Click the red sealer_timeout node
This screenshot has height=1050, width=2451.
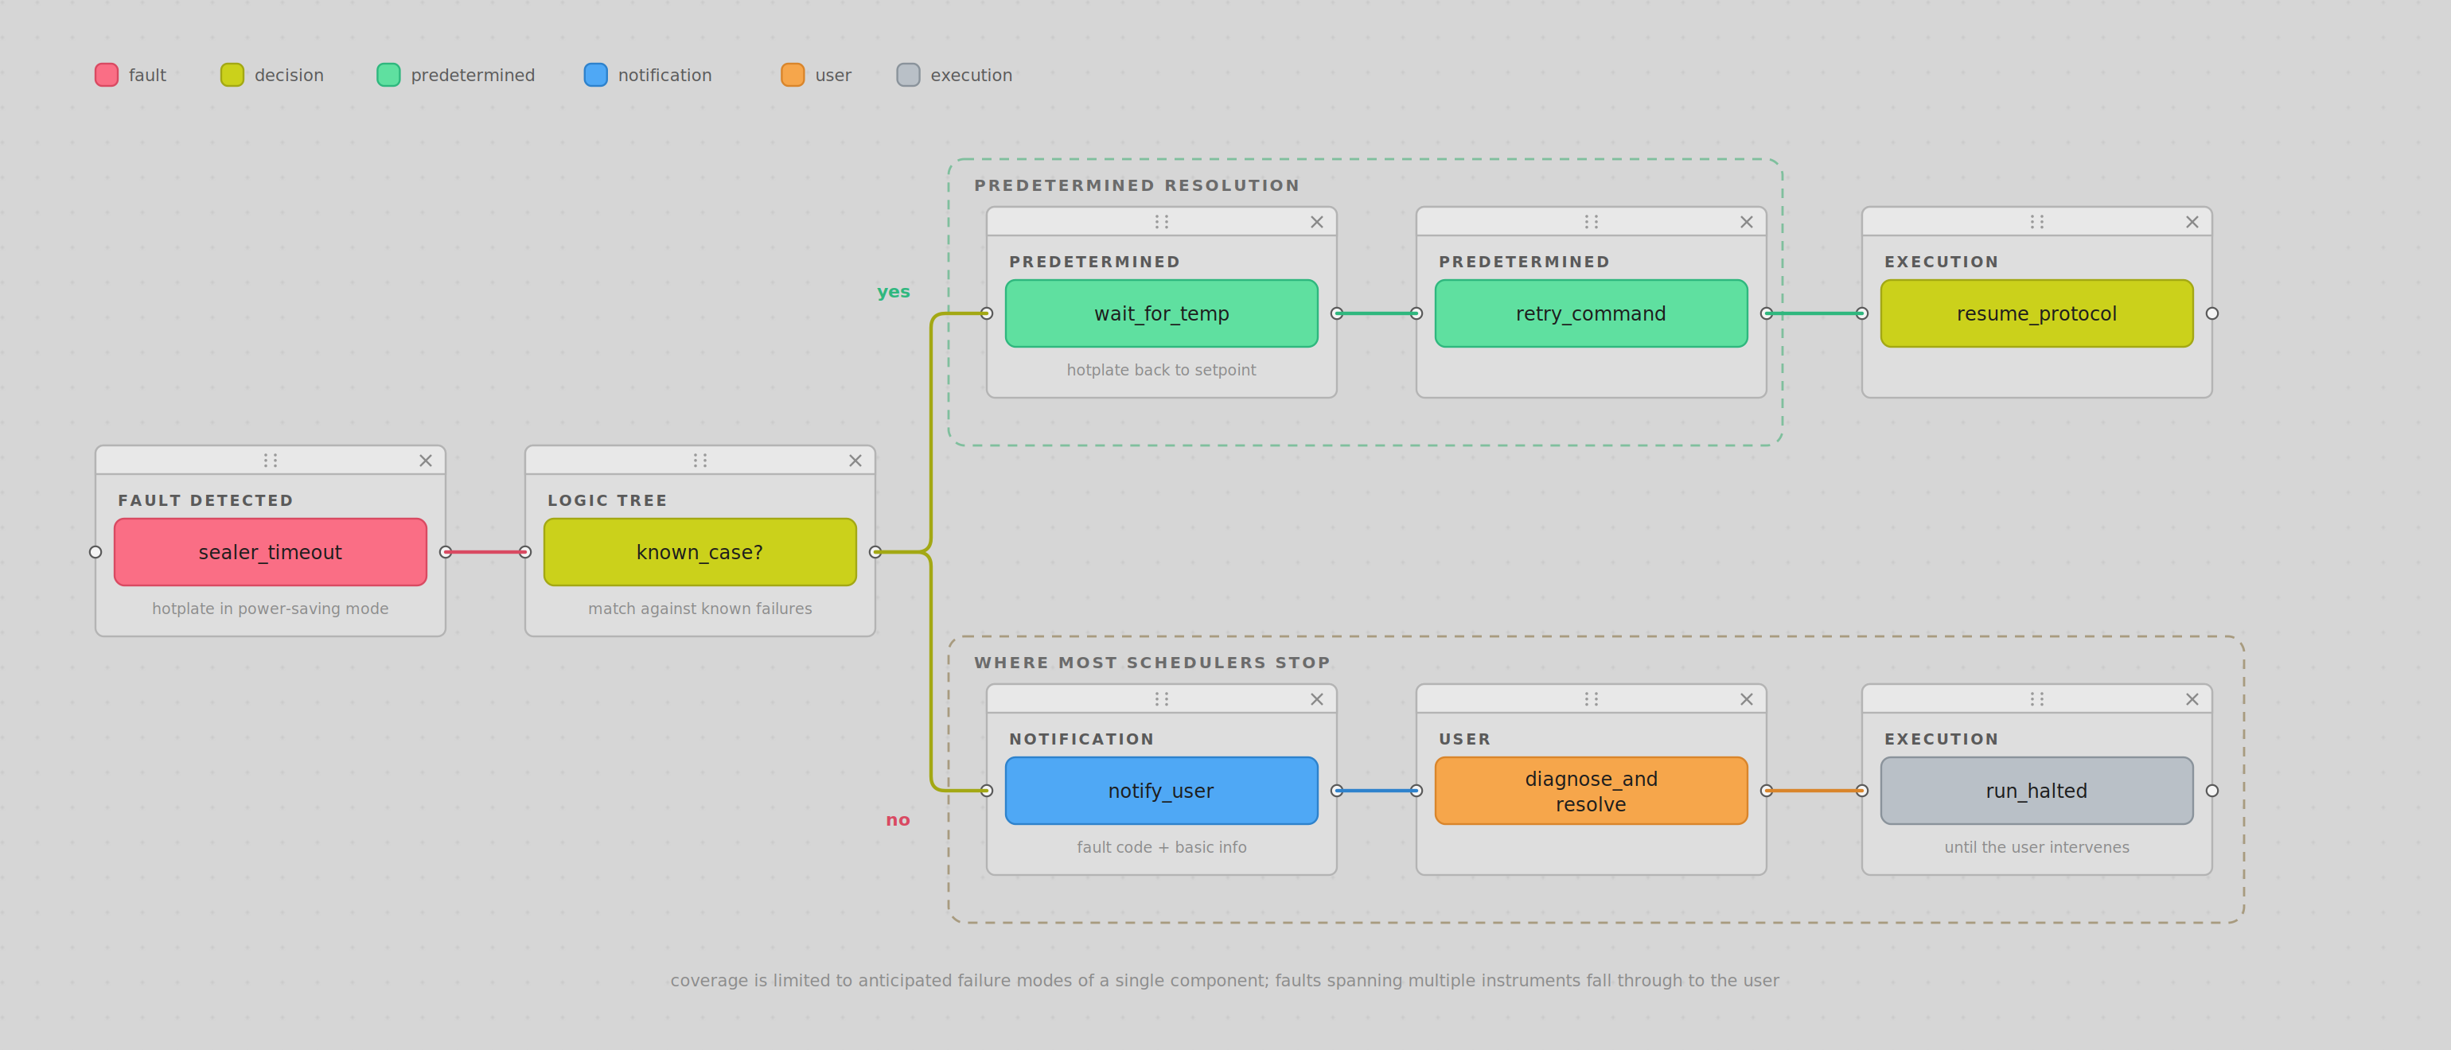pyautogui.click(x=271, y=551)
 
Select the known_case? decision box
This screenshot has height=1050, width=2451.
pyautogui.click(x=699, y=551)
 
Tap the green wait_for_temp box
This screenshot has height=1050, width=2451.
pyautogui.click(x=1161, y=313)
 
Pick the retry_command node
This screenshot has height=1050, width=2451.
pyautogui.click(x=1591, y=313)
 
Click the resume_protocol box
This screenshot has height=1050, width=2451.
pyautogui.click(x=2036, y=313)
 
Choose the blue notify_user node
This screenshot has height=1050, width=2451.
pyautogui.click(x=1161, y=791)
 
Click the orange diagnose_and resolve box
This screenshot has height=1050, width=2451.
pyautogui.click(x=1591, y=791)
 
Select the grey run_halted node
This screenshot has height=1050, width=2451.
pyautogui.click(x=2036, y=791)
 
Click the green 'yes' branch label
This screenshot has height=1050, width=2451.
pyautogui.click(x=894, y=292)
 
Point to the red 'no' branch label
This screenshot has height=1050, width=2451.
pyautogui.click(x=898, y=820)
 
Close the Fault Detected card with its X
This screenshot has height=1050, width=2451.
pyautogui.click(x=425, y=461)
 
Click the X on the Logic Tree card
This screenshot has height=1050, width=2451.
pyautogui.click(x=855, y=461)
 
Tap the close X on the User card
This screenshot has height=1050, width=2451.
pyautogui.click(x=1746, y=699)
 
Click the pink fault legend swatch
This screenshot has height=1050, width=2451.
pyautogui.click(x=107, y=75)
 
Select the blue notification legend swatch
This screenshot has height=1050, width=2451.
pyautogui.click(x=595, y=75)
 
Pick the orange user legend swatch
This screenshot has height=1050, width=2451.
pyautogui.click(x=793, y=75)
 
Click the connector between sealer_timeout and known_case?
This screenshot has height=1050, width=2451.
pyautogui.click(x=485, y=551)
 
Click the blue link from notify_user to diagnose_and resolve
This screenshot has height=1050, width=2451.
pyautogui.click(x=1376, y=791)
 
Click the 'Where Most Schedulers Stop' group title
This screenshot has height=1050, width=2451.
pyautogui.click(x=1151, y=662)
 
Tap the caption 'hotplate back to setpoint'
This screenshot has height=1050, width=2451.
pyautogui.click(x=1161, y=370)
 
